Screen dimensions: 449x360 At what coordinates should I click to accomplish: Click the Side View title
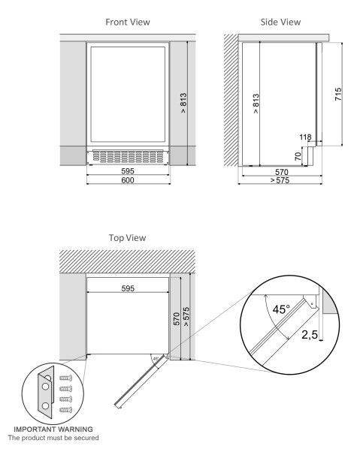(280, 23)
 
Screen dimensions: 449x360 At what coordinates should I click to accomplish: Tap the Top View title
(129, 238)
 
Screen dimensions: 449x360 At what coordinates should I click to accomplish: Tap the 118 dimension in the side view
(304, 137)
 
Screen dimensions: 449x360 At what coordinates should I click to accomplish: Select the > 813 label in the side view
(256, 103)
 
